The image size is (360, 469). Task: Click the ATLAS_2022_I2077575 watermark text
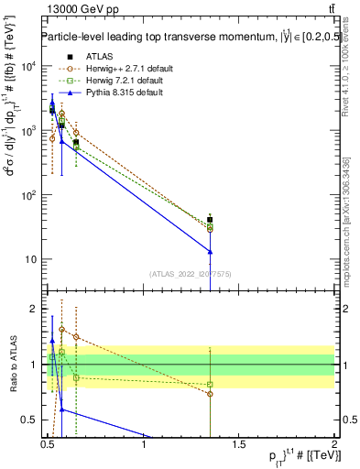pos(191,274)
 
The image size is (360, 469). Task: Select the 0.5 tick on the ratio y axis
pos(30,420)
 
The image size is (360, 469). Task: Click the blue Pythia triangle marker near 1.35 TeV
pos(211,251)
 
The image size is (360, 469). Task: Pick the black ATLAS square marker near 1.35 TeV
pos(211,220)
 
